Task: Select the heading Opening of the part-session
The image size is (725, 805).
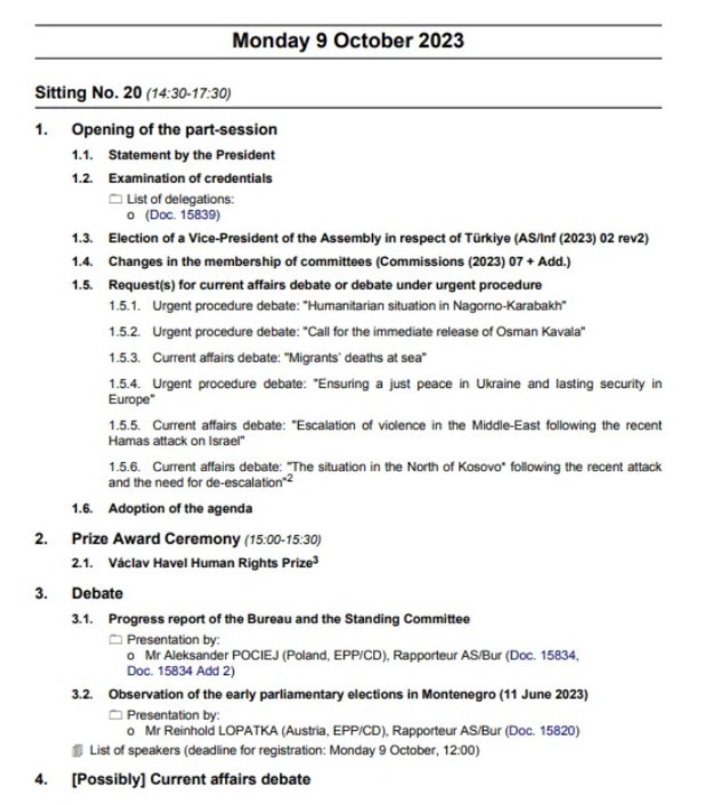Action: tap(174, 129)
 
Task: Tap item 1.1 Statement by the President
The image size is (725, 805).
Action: tap(192, 155)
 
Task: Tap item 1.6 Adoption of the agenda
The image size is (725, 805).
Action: tap(180, 508)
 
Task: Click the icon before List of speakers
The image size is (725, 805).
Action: tap(79, 750)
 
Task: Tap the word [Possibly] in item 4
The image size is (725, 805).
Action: tap(104, 779)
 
